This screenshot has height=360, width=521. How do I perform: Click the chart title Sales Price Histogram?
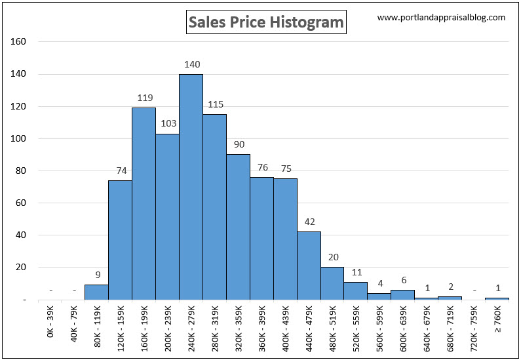[x=265, y=22]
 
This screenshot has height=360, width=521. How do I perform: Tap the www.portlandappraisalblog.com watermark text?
[x=442, y=18]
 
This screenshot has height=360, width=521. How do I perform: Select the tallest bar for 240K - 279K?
[x=191, y=187]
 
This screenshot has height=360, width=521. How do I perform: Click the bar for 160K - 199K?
[x=144, y=203]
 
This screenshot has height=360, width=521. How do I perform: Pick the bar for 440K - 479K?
[x=309, y=266]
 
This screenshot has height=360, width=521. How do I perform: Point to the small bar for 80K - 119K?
[x=96, y=292]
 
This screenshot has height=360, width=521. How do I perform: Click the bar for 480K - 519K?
[x=332, y=283]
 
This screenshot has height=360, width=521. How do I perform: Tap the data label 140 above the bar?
[x=192, y=64]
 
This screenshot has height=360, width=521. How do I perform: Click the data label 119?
[x=145, y=98]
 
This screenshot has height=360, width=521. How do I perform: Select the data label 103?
[x=168, y=123]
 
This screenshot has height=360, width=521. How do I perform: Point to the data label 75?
[x=286, y=169]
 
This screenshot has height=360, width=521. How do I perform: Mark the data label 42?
[x=309, y=222]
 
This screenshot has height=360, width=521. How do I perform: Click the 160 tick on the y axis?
[x=19, y=42]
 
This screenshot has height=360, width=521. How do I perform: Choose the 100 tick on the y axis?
[x=19, y=138]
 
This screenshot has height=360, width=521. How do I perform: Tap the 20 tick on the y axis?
[x=22, y=268]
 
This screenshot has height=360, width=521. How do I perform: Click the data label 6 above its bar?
[x=404, y=280]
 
